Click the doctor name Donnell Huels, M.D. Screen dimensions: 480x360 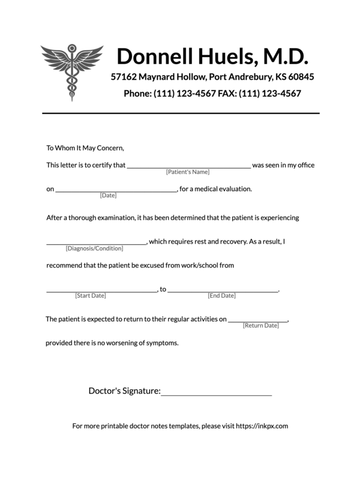(x=212, y=56)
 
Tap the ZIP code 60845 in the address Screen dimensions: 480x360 (x=299, y=77)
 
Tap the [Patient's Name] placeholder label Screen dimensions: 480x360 (x=188, y=172)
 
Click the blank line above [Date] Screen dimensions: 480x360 (x=116, y=190)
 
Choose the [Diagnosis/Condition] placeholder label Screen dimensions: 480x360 (x=94, y=248)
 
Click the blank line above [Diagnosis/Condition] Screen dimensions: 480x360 (x=96, y=243)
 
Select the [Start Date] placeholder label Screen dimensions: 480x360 (x=91, y=296)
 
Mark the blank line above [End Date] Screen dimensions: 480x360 (x=223, y=291)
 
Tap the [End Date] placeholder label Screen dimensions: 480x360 (x=222, y=296)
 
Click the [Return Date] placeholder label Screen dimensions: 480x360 (x=261, y=325)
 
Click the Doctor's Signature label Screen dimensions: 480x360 (x=124, y=391)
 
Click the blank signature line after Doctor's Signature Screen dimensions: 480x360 (x=217, y=394)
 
